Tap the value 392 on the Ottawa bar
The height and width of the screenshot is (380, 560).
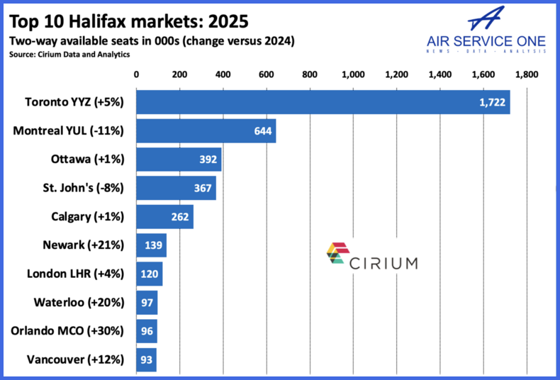(x=208, y=160)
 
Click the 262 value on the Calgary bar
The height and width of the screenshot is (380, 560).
(x=180, y=217)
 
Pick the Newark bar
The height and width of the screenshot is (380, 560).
(x=151, y=245)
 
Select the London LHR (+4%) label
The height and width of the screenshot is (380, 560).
(x=75, y=274)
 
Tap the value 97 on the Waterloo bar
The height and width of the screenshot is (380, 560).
(x=147, y=303)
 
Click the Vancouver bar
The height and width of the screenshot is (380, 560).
(x=146, y=359)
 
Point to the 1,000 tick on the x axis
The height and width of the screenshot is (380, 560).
(x=352, y=74)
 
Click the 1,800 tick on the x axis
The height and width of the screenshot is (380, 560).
(x=527, y=74)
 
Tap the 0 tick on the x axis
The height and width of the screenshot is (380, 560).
(x=136, y=74)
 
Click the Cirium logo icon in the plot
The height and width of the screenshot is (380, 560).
(x=337, y=253)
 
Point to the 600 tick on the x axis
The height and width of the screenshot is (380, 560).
(x=266, y=74)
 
